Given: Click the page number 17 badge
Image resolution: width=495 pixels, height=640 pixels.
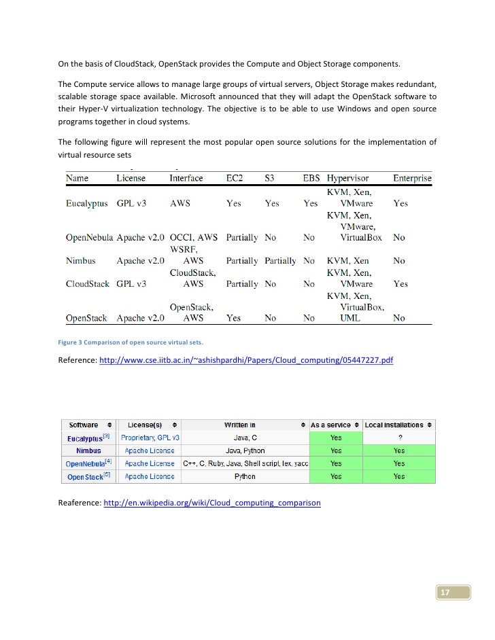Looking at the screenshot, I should (445, 592).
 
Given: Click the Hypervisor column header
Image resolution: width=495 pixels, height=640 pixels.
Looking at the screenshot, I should (347, 178).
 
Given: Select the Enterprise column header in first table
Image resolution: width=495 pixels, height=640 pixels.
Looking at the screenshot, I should (412, 178).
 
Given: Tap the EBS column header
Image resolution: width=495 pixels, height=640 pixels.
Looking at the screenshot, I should (310, 178).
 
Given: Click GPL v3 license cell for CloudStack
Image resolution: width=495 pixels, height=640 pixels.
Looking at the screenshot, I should (131, 284).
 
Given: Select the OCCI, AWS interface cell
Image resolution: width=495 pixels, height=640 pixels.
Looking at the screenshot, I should (194, 238).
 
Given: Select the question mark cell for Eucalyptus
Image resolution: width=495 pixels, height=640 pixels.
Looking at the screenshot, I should (398, 438).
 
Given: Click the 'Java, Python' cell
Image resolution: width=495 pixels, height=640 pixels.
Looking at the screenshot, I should (245, 450).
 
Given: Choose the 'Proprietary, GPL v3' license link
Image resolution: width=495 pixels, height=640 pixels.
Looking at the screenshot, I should (150, 438).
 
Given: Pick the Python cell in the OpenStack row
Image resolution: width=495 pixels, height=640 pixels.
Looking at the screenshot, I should (245, 476).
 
